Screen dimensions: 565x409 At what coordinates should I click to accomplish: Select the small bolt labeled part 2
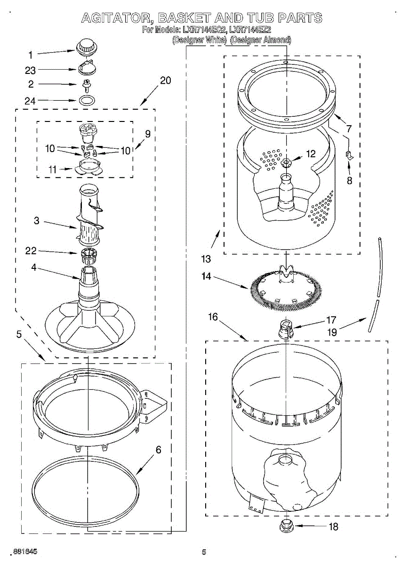86,85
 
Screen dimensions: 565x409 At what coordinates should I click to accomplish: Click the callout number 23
31,71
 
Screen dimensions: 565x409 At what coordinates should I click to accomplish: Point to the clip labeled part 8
350,155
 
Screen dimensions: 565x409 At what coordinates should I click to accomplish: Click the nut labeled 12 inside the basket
287,163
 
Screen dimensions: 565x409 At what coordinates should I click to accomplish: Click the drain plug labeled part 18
286,526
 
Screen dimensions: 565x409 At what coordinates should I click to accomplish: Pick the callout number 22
31,251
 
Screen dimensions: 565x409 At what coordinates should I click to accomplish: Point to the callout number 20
165,81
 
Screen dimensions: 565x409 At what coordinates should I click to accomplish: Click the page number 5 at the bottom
204,552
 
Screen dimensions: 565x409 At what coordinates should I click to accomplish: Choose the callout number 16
213,317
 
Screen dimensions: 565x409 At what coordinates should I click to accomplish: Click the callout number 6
159,450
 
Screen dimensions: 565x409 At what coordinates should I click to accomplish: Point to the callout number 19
332,332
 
